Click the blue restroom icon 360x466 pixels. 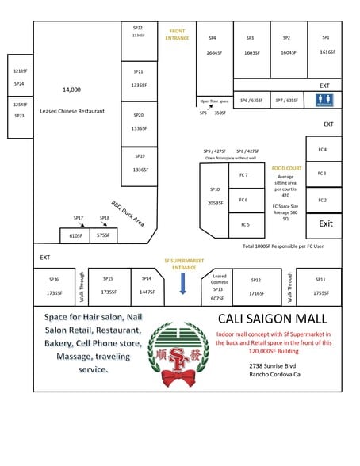pyautogui.click(x=324, y=100)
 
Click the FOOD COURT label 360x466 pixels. pyautogui.click(x=286, y=169)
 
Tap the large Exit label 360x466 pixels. pyautogui.click(x=325, y=223)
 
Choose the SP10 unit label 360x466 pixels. pyautogui.click(x=214, y=189)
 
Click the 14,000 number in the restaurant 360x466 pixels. pyautogui.click(x=71, y=90)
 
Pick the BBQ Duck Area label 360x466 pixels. pyautogui.click(x=127, y=212)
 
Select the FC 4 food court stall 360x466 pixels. pyautogui.click(x=322, y=150)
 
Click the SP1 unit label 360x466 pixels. pyautogui.click(x=326, y=37)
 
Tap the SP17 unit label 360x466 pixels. pyautogui.click(x=78, y=217)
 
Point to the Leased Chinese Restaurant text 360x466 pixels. pyautogui.click(x=72, y=111)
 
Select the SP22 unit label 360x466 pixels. pyautogui.click(x=138, y=28)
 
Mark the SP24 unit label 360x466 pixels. pyautogui.click(x=19, y=83)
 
